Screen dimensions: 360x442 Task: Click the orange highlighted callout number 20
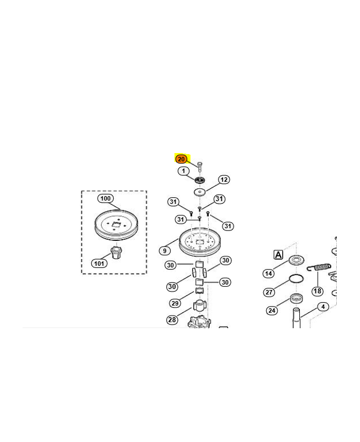(x=181, y=159)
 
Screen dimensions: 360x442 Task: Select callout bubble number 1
(x=184, y=171)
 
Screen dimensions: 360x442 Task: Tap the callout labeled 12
(x=224, y=180)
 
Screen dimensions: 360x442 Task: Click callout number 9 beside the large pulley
(x=165, y=251)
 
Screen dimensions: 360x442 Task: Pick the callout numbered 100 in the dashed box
(x=105, y=198)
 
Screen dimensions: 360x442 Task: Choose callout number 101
(x=99, y=264)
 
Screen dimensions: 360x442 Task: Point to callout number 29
(x=175, y=303)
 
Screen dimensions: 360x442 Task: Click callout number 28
(x=172, y=320)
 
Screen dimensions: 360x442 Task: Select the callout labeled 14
(x=269, y=273)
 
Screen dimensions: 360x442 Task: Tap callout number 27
(x=269, y=292)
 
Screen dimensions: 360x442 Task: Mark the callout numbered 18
(x=317, y=291)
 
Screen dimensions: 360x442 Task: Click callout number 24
(x=272, y=311)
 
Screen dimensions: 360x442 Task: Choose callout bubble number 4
(x=323, y=307)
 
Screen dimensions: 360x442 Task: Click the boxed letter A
(x=278, y=255)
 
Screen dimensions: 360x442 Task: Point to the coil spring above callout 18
(x=319, y=267)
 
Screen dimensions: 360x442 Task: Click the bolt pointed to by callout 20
(x=200, y=167)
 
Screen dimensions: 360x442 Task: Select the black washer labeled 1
(x=200, y=180)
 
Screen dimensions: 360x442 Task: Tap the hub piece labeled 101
(x=116, y=252)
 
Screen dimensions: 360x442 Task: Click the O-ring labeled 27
(x=297, y=278)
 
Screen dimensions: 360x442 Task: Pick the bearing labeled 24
(x=297, y=298)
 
